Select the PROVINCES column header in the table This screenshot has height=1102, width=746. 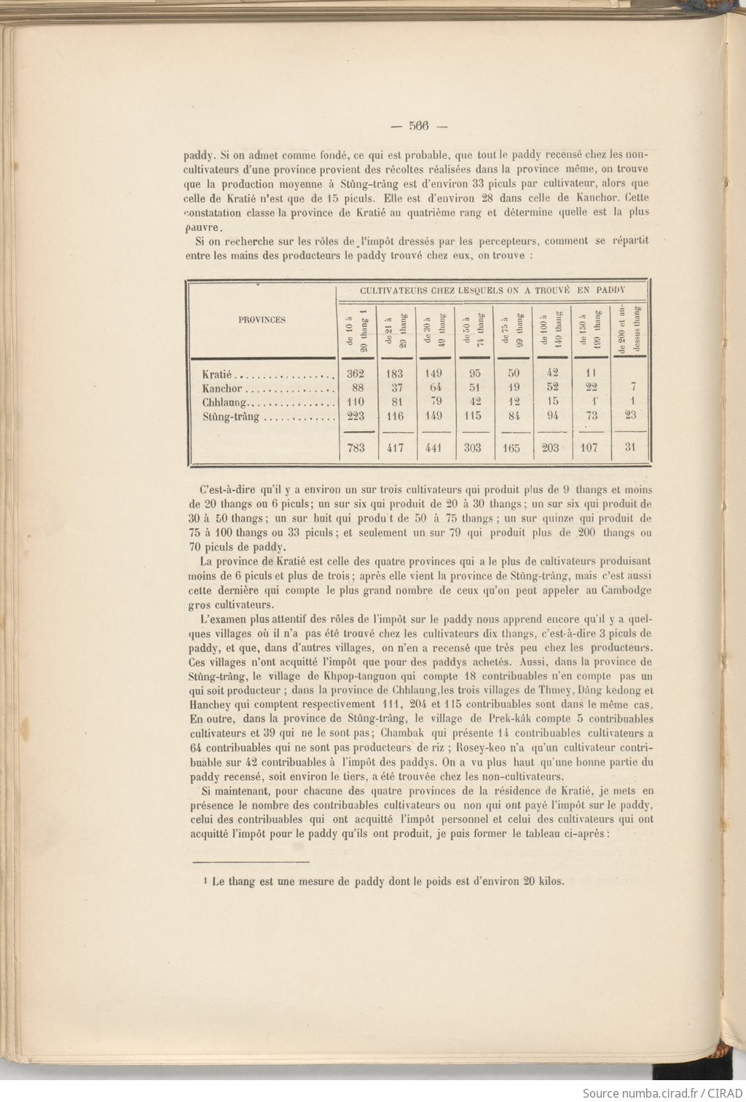click(262, 320)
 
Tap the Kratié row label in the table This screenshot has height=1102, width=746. click(217, 374)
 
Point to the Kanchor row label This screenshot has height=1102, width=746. click(221, 388)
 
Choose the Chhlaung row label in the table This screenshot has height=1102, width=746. click(226, 402)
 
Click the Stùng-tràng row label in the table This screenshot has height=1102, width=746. click(230, 417)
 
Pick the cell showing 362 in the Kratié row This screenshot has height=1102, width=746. click(356, 374)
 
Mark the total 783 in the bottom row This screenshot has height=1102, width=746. click(356, 448)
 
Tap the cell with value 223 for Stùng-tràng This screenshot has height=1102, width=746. click(356, 416)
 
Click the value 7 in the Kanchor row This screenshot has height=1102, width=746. click(632, 387)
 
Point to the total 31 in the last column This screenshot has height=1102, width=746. click(630, 447)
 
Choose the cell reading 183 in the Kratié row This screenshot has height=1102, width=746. click(395, 374)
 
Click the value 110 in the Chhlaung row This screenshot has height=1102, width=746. click(356, 402)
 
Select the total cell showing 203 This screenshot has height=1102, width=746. click(551, 448)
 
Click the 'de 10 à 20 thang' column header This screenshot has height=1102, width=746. click(356, 329)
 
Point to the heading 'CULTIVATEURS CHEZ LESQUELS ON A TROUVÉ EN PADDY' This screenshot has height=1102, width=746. click(492, 289)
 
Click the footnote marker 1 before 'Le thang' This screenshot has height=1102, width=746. click(207, 881)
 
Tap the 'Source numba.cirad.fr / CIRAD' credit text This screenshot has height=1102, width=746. click(662, 1093)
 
